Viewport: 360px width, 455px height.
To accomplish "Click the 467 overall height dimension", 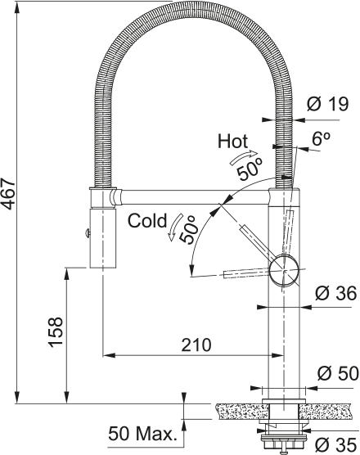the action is [x=8, y=194].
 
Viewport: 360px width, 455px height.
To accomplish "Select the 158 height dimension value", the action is [x=56, y=331].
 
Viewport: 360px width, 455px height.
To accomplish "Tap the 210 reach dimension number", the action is [x=196, y=345].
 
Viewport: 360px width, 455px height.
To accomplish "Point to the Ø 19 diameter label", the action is [x=327, y=104].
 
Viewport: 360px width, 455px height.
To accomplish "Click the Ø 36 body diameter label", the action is [x=335, y=293].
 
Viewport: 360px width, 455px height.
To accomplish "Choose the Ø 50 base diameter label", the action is [x=338, y=373].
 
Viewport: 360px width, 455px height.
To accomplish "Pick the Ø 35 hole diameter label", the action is [x=335, y=444].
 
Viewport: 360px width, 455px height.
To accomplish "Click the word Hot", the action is [x=232, y=142].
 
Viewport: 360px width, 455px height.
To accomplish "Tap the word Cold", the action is [x=147, y=221].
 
